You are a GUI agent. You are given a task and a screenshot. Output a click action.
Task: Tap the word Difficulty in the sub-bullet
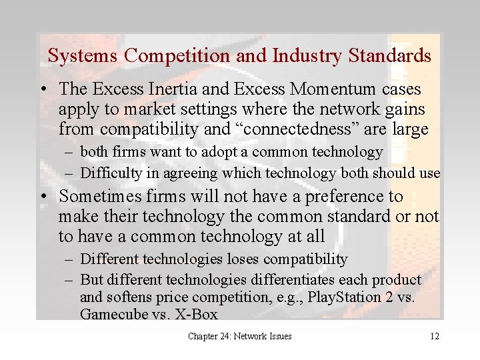tap(107, 173)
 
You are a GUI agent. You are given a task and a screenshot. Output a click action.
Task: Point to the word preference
tap(333, 197)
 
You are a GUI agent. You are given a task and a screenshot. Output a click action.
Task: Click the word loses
tap(241, 259)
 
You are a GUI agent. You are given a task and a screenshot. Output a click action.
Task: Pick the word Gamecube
tap(111, 313)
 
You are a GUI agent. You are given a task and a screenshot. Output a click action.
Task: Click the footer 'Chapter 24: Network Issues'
tap(239, 337)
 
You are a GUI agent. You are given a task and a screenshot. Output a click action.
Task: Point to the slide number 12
tap(434, 337)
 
